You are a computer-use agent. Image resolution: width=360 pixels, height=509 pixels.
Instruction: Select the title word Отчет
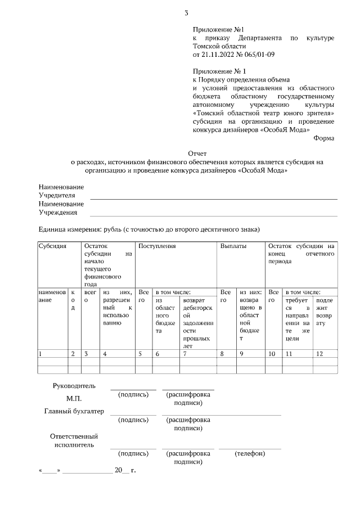[x=197, y=153]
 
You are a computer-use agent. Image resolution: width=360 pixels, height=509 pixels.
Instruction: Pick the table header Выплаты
[x=232, y=246]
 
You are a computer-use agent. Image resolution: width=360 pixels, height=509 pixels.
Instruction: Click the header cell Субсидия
[x=52, y=246]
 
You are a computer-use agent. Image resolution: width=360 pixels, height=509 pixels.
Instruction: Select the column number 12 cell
[x=321, y=354]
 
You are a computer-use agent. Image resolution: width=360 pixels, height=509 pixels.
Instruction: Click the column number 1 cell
[x=40, y=354]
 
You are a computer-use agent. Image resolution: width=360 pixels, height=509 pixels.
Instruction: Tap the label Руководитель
[x=74, y=386]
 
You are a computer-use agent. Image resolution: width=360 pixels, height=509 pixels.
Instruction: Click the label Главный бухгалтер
[x=74, y=411]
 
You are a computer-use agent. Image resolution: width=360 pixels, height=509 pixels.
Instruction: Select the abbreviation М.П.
[x=74, y=399]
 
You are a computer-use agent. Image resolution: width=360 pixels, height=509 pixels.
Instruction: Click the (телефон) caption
[x=250, y=453]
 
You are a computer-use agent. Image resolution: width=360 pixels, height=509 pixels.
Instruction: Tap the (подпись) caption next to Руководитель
[x=133, y=395]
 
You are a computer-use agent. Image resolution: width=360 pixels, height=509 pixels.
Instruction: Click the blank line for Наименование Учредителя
[x=214, y=199]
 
